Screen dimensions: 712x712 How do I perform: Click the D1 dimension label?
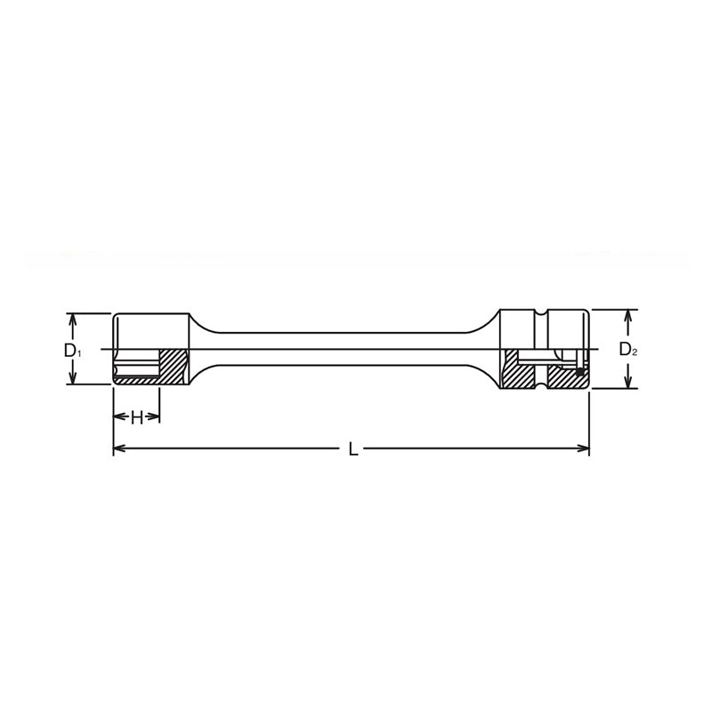coord(73,350)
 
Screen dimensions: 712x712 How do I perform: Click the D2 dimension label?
coord(628,350)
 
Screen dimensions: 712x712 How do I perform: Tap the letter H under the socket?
coord(136,417)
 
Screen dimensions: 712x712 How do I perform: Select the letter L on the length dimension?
coord(353,450)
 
